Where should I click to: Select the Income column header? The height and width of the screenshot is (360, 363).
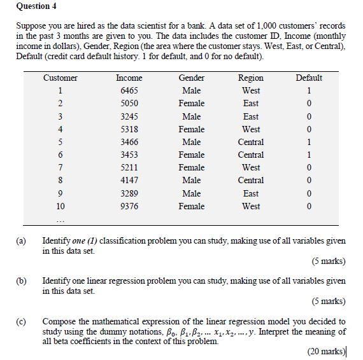pos(129,78)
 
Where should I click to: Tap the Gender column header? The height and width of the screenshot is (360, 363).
pos(191,78)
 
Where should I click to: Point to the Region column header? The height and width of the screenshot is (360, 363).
pos(250,78)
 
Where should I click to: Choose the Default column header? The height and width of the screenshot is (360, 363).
pos(309,78)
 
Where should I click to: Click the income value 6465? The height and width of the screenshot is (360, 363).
pos(129,90)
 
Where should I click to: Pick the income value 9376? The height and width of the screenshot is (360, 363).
pos(129,206)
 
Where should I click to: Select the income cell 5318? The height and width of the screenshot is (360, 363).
pos(129,129)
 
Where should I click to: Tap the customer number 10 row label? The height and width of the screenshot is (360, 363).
pos(60,206)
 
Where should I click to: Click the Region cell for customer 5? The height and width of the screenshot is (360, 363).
pos(250,142)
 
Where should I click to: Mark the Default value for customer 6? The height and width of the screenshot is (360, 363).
pos(309,155)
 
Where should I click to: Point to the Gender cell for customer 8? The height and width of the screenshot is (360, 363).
pos(191,181)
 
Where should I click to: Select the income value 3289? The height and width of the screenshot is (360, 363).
pos(129,193)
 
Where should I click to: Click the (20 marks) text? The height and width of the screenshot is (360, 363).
pos(325,351)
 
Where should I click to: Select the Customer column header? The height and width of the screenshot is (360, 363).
pos(60,78)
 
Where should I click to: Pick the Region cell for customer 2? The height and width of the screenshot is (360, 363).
pos(250,103)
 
